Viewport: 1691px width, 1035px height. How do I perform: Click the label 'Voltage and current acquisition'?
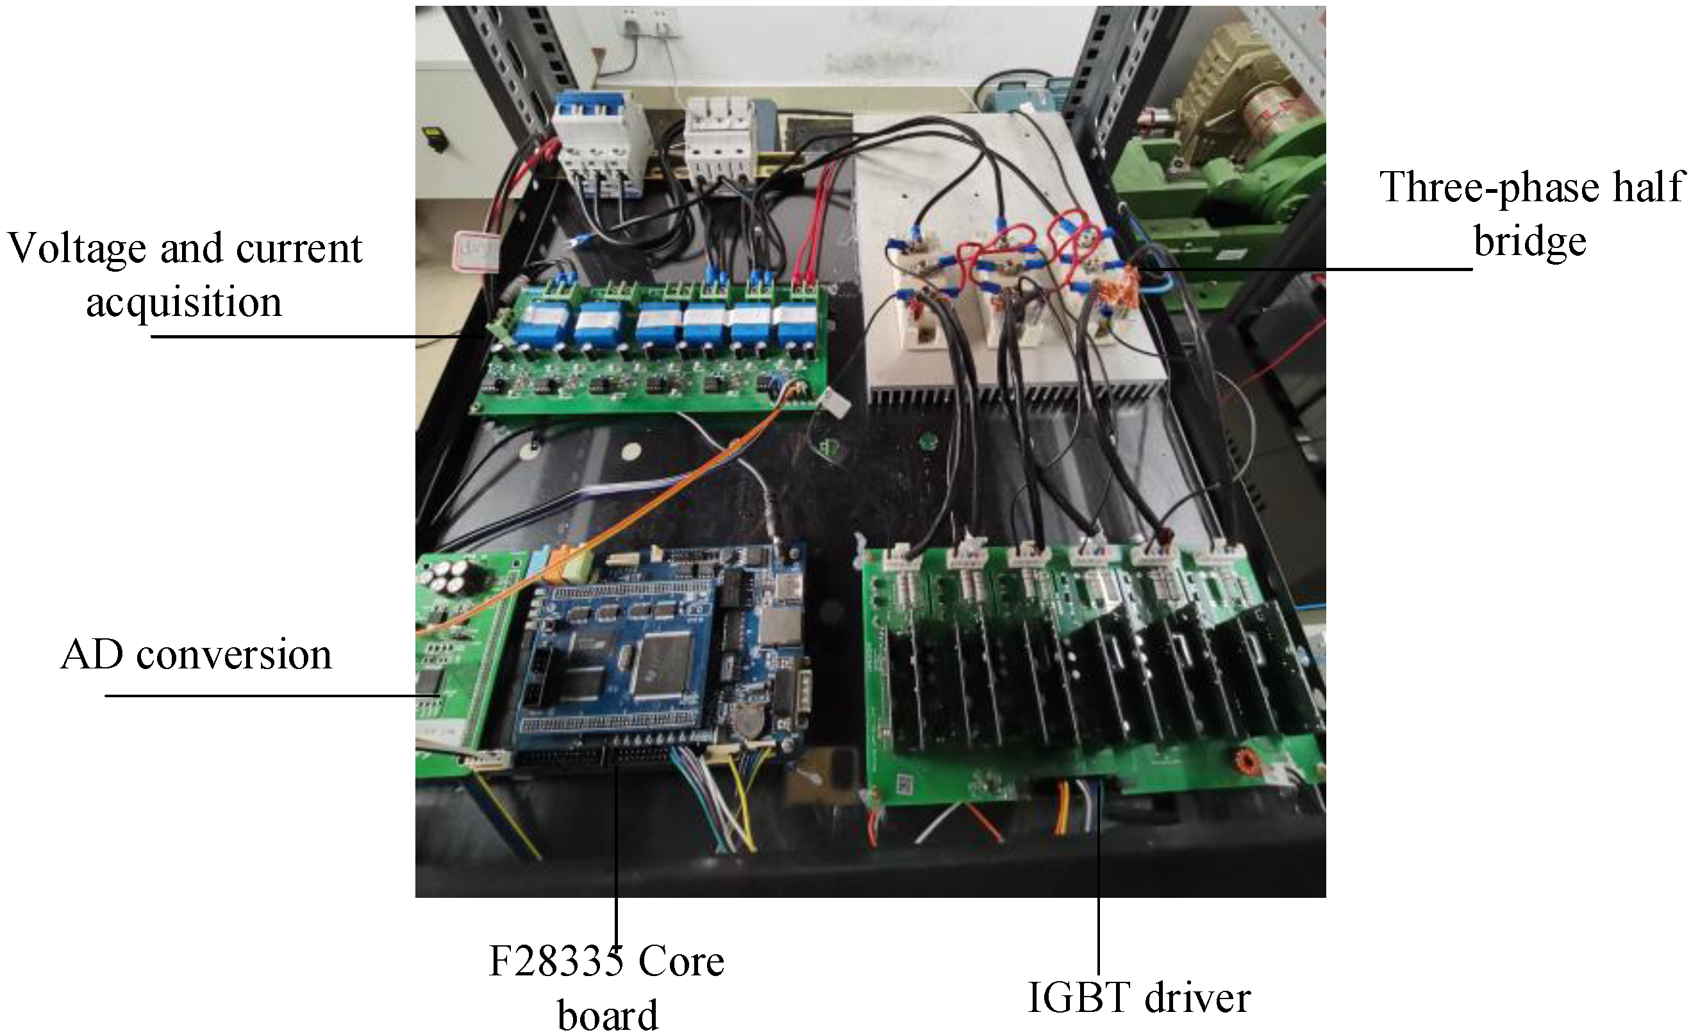coord(184,274)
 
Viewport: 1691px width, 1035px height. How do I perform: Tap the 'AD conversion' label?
coord(196,655)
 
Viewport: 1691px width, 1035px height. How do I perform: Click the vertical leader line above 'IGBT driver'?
coord(1099,886)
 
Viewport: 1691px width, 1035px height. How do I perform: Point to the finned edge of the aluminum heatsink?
coord(1016,395)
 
